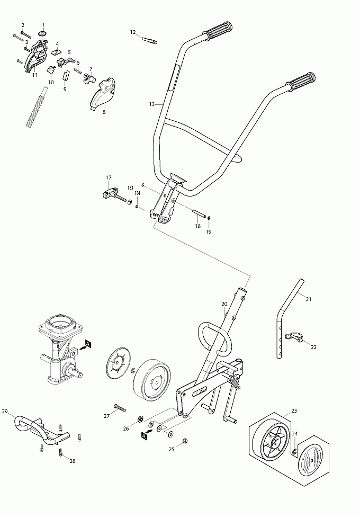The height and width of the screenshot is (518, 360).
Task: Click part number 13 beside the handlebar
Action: (151, 105)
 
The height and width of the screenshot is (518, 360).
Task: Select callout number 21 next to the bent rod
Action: (309, 299)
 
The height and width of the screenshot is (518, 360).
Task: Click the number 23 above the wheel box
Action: (294, 411)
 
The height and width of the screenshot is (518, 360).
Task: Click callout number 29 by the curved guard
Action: (5, 412)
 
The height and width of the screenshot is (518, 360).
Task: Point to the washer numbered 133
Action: (130, 202)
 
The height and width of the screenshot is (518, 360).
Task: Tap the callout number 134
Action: (137, 193)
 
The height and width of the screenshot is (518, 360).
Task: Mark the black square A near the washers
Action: (144, 435)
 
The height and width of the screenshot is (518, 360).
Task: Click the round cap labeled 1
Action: (42, 34)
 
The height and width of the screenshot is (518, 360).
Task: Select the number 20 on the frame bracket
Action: (224, 303)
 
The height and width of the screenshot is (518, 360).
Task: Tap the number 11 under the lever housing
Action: (35, 75)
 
